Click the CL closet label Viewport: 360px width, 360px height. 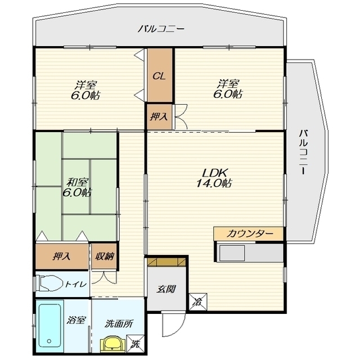[x=159, y=76]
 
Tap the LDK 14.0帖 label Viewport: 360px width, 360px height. [x=214, y=178]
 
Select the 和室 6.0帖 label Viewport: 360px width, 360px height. [x=77, y=187]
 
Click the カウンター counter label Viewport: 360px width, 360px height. [x=250, y=234]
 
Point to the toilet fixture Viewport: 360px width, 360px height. [x=49, y=284]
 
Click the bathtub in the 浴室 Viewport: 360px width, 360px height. [x=49, y=325]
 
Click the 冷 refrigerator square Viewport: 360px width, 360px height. [x=198, y=302]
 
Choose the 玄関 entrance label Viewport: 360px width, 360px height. [x=166, y=289]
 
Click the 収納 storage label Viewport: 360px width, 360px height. [x=105, y=256]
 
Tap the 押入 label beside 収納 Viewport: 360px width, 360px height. [x=61, y=256]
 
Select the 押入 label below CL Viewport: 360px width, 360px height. [x=159, y=117]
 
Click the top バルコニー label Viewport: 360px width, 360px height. [x=161, y=29]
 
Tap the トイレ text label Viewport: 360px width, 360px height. [x=76, y=284]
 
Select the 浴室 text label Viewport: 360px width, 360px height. [x=76, y=320]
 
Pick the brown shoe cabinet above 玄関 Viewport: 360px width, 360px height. [x=166, y=262]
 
